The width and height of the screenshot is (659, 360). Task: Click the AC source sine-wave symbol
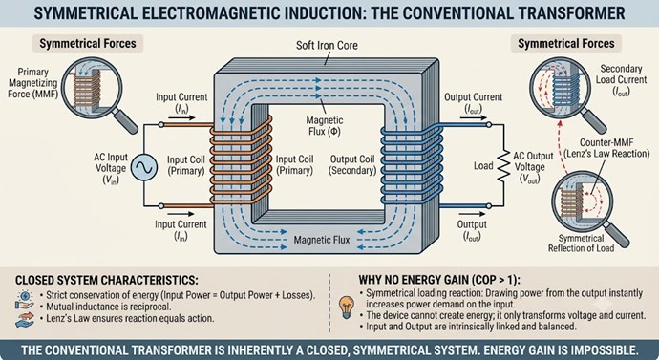pos(144,167)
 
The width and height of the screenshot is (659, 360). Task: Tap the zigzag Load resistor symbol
pos(503,166)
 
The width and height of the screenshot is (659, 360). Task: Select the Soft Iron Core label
pos(327,46)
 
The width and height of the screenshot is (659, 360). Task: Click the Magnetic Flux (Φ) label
pos(325,126)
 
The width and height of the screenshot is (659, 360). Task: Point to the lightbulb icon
pos(347,307)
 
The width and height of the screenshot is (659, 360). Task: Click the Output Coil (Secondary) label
pos(352,164)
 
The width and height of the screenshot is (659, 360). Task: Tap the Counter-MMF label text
pos(606,142)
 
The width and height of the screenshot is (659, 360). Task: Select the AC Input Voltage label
pos(111,168)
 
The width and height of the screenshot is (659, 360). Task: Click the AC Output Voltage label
pos(533,167)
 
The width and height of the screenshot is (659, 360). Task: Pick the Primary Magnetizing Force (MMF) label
pos(32,83)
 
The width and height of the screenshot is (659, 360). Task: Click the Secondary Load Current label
pos(621,80)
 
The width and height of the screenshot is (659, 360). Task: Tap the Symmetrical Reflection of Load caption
pos(581,244)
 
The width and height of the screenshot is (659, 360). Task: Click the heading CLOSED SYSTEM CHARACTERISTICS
pos(107,280)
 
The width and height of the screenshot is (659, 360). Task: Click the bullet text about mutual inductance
pos(109,307)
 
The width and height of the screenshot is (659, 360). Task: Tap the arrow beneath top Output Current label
pos(474,118)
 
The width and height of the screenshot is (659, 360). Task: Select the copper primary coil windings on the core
pos(241,160)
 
